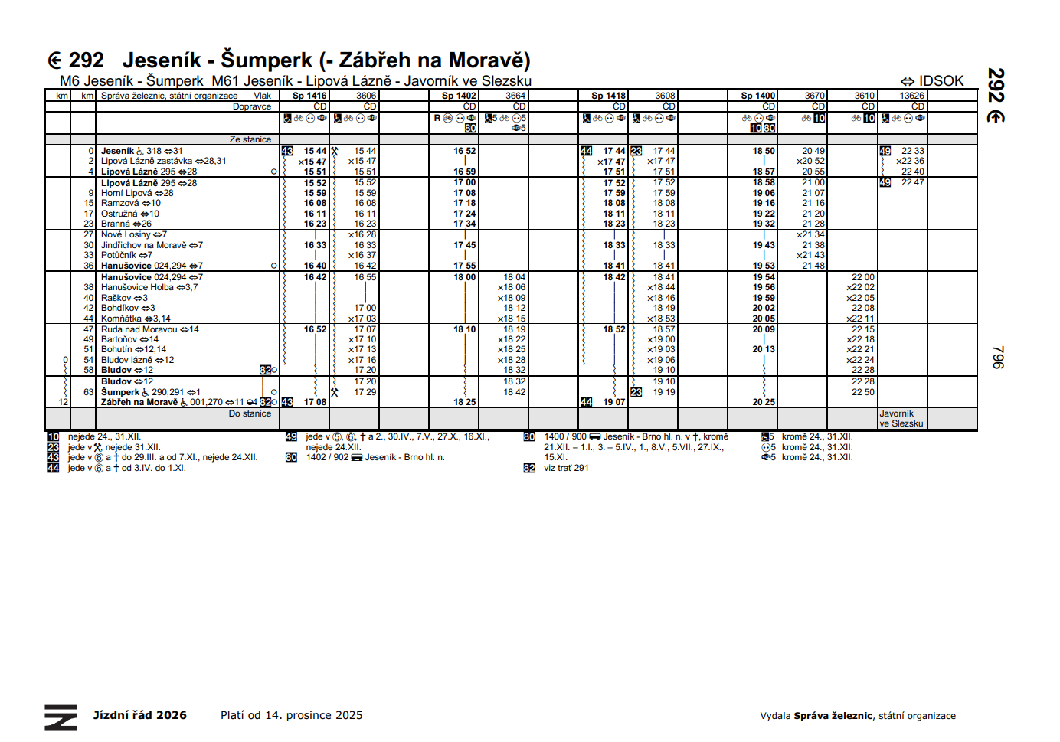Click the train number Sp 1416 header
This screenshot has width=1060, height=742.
pos(309,96)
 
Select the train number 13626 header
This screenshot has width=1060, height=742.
pos(911,96)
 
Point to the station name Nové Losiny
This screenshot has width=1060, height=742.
pos(126,234)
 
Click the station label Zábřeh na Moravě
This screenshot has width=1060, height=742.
pos(139,402)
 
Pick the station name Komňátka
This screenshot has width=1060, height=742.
pos(121,319)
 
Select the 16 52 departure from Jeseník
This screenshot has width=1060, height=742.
pos(464,151)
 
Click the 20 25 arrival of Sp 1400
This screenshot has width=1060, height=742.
pos(763,402)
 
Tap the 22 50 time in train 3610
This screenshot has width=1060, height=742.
pos(862,392)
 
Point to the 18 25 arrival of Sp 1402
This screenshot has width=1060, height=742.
pos(464,402)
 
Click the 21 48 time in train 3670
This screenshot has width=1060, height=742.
pos(813,266)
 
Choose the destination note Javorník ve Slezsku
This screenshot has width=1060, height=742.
pos(901,418)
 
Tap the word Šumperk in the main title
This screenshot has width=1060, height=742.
pos(267,60)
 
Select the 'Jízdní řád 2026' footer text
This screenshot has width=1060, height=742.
pos(140,715)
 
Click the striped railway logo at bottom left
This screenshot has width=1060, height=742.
pos(61,717)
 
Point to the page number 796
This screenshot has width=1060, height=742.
pos(997,357)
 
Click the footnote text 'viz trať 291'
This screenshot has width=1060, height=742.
pos(566,468)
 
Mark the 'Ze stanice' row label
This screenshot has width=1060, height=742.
pos(250,139)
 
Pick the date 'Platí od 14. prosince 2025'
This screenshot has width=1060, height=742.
pos(291,715)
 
